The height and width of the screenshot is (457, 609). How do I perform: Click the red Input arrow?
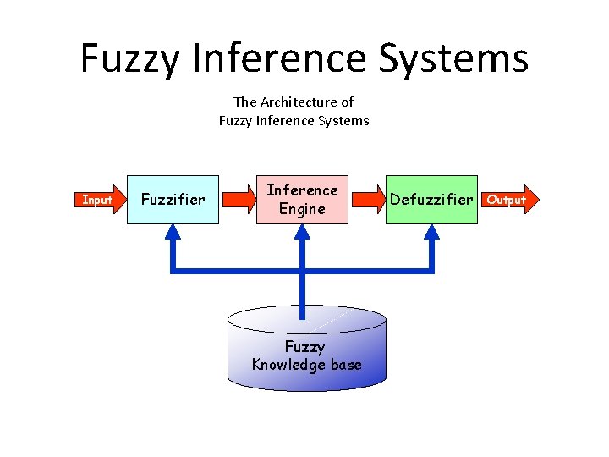(x=97, y=200)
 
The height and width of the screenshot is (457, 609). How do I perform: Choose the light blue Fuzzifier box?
(x=172, y=200)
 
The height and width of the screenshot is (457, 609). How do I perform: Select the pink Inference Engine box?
(x=302, y=200)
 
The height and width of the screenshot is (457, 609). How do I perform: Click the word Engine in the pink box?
(x=302, y=209)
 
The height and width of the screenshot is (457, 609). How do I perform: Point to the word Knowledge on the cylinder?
(x=288, y=365)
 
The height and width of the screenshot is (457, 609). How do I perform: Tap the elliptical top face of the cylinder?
(x=306, y=320)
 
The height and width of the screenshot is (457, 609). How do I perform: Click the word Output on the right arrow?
(x=507, y=200)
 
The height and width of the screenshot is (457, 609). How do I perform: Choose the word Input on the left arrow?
(x=96, y=200)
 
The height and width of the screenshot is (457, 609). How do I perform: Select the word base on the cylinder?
(x=345, y=365)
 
